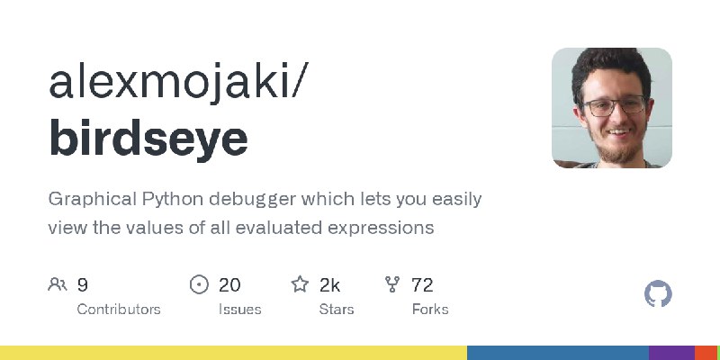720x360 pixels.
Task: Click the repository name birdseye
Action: pyautogui.click(x=148, y=139)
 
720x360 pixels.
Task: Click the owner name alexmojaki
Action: pyautogui.click(x=171, y=83)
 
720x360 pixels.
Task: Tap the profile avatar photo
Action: pyautogui.click(x=612, y=108)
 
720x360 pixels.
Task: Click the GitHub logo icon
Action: pyautogui.click(x=658, y=294)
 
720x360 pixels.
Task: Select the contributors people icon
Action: pyautogui.click(x=58, y=284)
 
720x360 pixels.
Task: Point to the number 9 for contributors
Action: pyautogui.click(x=82, y=285)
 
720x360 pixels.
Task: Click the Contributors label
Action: pyautogui.click(x=119, y=310)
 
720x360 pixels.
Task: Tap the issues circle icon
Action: pyautogui.click(x=199, y=284)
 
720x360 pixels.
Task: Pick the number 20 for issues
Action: pyautogui.click(x=229, y=285)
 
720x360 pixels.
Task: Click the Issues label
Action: pyautogui.click(x=239, y=310)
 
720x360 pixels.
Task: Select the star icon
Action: pyautogui.click(x=300, y=284)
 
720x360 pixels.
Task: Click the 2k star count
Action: pyautogui.click(x=329, y=285)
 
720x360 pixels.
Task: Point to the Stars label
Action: pyautogui.click(x=337, y=310)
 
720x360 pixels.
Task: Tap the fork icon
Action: pyautogui.click(x=392, y=284)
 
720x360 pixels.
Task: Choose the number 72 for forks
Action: pyautogui.click(x=422, y=285)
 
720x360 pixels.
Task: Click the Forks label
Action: pyautogui.click(x=430, y=310)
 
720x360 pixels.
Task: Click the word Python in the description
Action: pyautogui.click(x=173, y=200)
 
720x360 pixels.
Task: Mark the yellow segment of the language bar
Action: pyautogui.click(x=234, y=353)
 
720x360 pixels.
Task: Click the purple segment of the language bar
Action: pyautogui.click(x=671, y=353)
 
